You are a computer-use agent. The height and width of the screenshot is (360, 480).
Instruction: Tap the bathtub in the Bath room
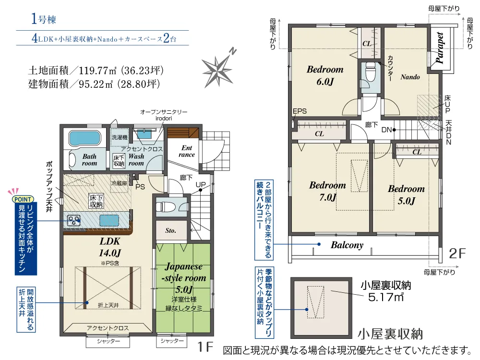[x=84, y=139]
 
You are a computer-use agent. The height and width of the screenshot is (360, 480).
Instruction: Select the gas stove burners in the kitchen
[x=74, y=220]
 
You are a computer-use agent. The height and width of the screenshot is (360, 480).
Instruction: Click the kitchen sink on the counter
[x=109, y=220]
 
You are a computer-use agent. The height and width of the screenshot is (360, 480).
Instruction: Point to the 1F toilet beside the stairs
[x=166, y=206]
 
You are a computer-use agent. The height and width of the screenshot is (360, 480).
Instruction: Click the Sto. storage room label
[x=170, y=230]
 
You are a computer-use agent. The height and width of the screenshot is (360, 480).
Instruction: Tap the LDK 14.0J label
[x=110, y=247]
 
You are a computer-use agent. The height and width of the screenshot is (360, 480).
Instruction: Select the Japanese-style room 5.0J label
[x=184, y=277]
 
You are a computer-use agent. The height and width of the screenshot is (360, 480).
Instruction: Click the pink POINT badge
[x=23, y=199]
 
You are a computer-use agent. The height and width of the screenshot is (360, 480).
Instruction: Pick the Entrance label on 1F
[x=187, y=151]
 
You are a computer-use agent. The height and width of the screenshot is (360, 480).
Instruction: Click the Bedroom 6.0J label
[x=325, y=75]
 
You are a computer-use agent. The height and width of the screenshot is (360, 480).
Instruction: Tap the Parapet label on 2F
[x=440, y=48]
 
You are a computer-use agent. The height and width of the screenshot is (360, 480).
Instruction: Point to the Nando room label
[x=410, y=77]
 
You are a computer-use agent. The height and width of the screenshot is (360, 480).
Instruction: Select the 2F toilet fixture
[x=371, y=72]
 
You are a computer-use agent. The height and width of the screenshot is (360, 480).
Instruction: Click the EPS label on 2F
[x=300, y=111]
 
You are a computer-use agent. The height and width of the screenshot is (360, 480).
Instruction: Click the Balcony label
[x=347, y=245]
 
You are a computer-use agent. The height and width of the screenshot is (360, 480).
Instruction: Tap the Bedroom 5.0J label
[x=407, y=195]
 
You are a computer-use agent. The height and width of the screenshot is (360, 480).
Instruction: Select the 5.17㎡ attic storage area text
[x=386, y=297]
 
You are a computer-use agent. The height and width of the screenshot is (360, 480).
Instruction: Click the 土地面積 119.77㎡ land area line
[x=96, y=71]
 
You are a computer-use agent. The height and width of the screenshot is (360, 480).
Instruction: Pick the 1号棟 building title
[x=44, y=19]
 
